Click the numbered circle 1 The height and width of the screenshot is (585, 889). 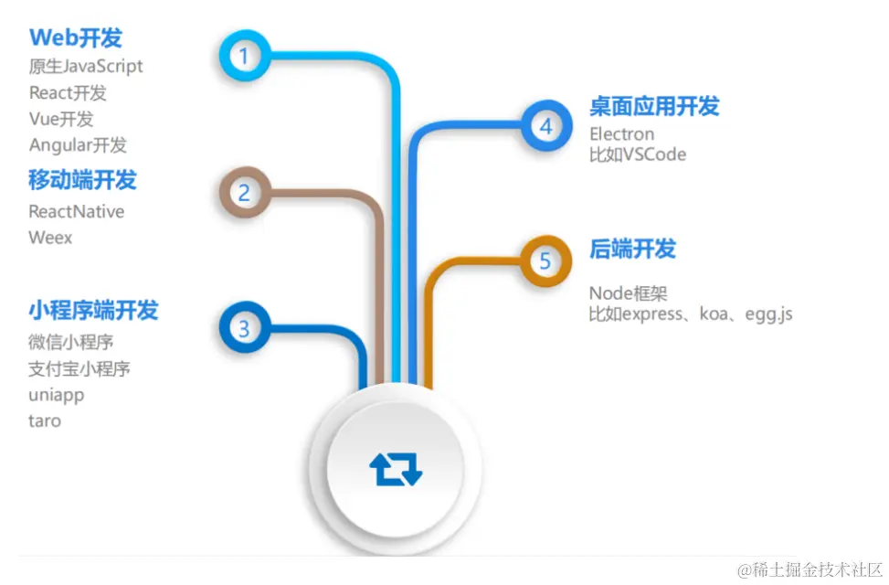click(243, 56)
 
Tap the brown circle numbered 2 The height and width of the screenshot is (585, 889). click(244, 193)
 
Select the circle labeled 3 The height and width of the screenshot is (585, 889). click(244, 328)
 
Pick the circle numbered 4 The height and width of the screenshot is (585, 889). click(545, 126)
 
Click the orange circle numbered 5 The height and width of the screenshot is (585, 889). click(545, 262)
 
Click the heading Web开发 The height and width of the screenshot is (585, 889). click(76, 37)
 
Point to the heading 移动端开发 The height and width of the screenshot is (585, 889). click(82, 180)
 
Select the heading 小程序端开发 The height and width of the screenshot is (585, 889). click(93, 310)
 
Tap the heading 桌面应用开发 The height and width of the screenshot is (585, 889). click(654, 106)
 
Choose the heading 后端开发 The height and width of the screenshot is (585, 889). click(632, 249)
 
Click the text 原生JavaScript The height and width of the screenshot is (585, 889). click(86, 66)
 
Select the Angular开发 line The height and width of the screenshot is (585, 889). click(78, 144)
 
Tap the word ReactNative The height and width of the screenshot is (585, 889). click(77, 211)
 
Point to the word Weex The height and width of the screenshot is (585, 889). click(50, 238)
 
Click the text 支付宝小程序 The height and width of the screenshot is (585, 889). click(79, 368)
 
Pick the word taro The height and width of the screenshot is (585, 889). click(45, 421)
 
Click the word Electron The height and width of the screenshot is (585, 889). click(621, 134)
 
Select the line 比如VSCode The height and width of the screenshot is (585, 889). click(638, 154)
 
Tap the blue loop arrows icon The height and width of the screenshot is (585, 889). click(396, 469)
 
